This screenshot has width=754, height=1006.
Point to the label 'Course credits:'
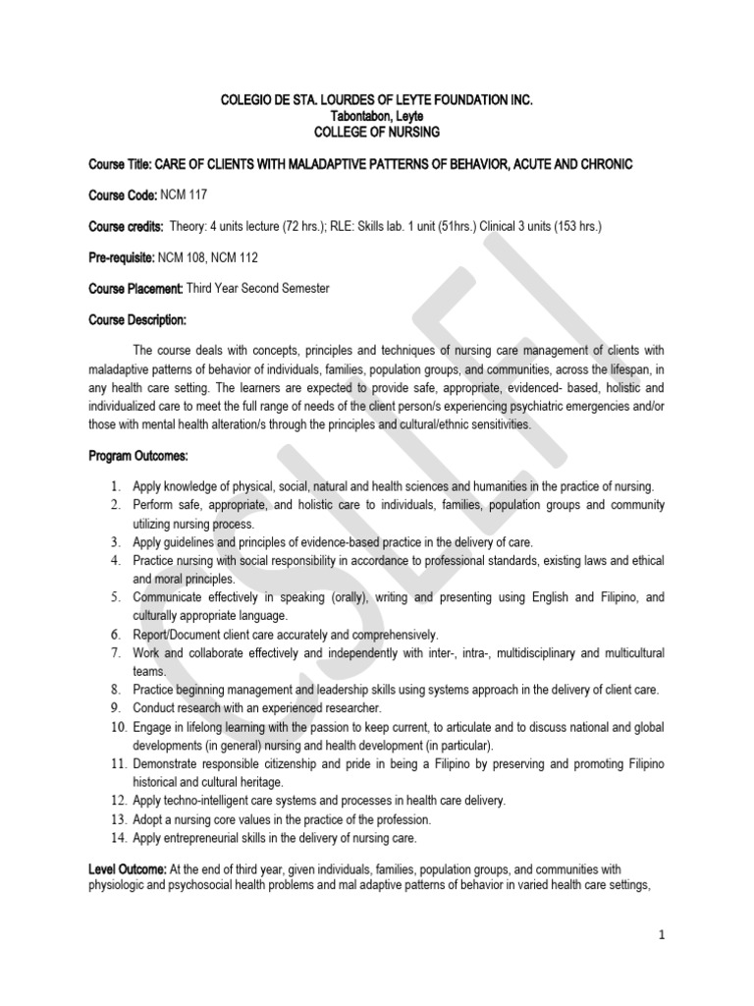[x=126, y=226]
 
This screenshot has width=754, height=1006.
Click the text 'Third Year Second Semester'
[x=259, y=289]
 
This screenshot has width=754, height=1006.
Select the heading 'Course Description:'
[x=137, y=320]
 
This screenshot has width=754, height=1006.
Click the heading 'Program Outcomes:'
[x=137, y=456]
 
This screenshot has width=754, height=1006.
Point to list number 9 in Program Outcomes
[x=115, y=707]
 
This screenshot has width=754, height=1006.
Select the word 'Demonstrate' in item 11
[x=169, y=763]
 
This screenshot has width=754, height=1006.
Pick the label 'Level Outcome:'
[x=128, y=869]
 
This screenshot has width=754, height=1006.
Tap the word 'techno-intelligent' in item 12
[x=209, y=801]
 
